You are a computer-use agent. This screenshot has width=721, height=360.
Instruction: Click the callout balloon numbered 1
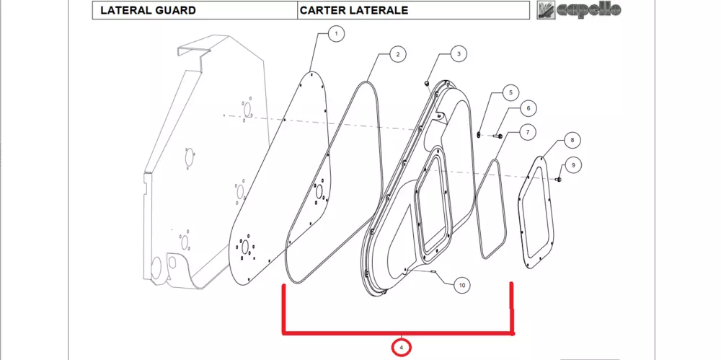click(x=336, y=34)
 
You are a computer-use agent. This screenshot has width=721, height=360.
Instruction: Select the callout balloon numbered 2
click(x=398, y=54)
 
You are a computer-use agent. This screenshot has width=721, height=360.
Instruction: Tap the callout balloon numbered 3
click(x=459, y=54)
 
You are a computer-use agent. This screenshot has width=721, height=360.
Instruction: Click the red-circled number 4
click(x=402, y=347)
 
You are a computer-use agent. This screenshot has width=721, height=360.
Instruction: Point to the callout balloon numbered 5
click(x=510, y=92)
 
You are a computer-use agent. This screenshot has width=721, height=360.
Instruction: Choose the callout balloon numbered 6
click(x=528, y=109)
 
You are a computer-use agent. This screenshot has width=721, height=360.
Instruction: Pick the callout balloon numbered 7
click(x=527, y=133)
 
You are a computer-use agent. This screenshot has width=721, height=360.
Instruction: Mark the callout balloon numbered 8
click(x=572, y=140)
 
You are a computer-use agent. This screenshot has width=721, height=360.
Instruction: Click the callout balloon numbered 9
click(x=573, y=164)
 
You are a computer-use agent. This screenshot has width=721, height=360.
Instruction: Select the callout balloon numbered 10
click(x=462, y=286)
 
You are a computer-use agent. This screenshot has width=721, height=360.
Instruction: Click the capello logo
click(x=580, y=10)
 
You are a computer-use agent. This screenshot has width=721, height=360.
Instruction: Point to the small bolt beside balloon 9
click(x=559, y=179)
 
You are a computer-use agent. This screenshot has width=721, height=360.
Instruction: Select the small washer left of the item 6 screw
click(x=479, y=134)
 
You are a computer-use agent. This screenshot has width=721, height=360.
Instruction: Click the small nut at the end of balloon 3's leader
click(x=426, y=83)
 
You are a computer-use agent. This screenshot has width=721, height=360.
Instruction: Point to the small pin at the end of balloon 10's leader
click(x=433, y=273)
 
